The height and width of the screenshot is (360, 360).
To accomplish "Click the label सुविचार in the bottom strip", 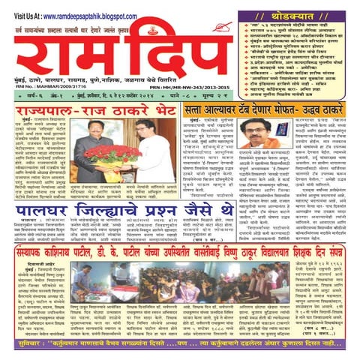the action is (19, 349).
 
